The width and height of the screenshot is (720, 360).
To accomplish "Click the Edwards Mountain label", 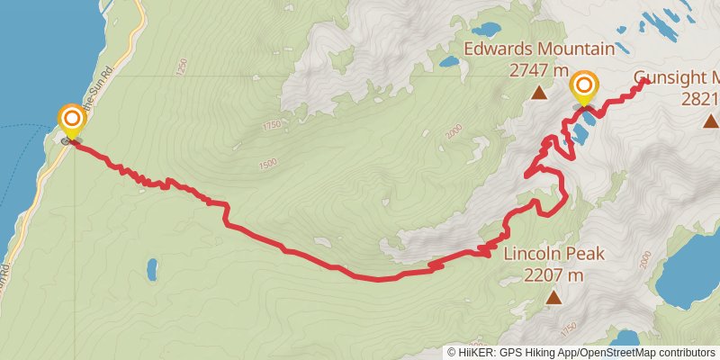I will click(x=539, y=49).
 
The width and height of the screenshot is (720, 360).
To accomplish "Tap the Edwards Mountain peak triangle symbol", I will click(x=539, y=92).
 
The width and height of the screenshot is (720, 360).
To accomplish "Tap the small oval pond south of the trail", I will click(x=151, y=268).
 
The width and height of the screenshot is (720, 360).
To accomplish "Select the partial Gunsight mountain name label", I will click(x=676, y=77).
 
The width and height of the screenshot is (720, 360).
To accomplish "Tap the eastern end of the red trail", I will click(x=646, y=81).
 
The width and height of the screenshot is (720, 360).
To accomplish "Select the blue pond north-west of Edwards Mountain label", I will click(x=448, y=63).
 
